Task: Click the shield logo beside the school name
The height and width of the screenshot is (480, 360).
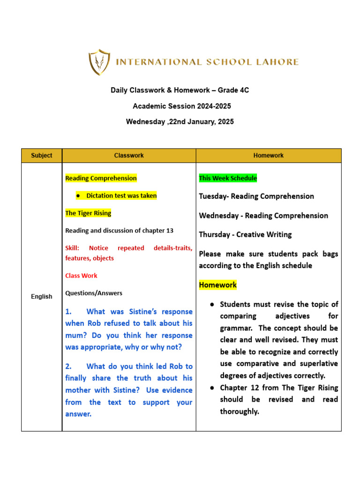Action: (99, 62)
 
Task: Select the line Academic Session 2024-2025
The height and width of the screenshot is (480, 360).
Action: (181, 106)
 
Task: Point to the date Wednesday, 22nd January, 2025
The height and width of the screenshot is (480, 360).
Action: (180, 122)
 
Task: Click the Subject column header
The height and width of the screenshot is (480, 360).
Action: (42, 156)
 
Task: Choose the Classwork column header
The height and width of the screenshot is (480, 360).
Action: (129, 156)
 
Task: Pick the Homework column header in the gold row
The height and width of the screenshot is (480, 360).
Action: (269, 156)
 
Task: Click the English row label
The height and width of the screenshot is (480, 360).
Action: (42, 296)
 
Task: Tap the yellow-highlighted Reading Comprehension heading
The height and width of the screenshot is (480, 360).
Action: (101, 178)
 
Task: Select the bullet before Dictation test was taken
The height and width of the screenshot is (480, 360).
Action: (78, 196)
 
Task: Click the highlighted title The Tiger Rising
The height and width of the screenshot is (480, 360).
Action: (88, 213)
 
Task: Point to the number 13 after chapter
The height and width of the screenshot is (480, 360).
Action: (169, 231)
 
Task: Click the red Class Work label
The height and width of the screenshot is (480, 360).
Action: (81, 276)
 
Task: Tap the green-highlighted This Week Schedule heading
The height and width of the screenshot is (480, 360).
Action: (228, 178)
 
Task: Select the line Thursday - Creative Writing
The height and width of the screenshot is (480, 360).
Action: (245, 234)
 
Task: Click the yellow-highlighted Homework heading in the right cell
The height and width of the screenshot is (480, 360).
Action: (218, 285)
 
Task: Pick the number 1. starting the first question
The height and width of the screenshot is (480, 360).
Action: (69, 312)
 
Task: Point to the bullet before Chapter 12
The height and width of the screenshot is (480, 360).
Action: (212, 388)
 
